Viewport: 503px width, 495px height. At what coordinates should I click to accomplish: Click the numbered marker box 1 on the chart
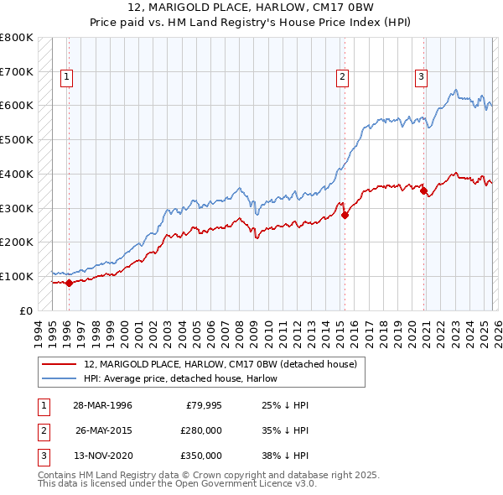tap(67, 77)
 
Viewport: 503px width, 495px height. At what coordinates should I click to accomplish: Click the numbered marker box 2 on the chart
tap(343, 77)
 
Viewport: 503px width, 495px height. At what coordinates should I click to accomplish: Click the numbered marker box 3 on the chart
tap(421, 77)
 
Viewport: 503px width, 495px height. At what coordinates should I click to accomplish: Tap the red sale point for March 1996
tap(69, 283)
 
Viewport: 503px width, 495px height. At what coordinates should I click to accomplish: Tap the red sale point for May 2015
tap(345, 215)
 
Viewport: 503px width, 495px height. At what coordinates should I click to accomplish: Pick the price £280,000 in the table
tap(201, 431)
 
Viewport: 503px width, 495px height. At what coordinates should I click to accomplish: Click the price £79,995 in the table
tap(204, 406)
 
